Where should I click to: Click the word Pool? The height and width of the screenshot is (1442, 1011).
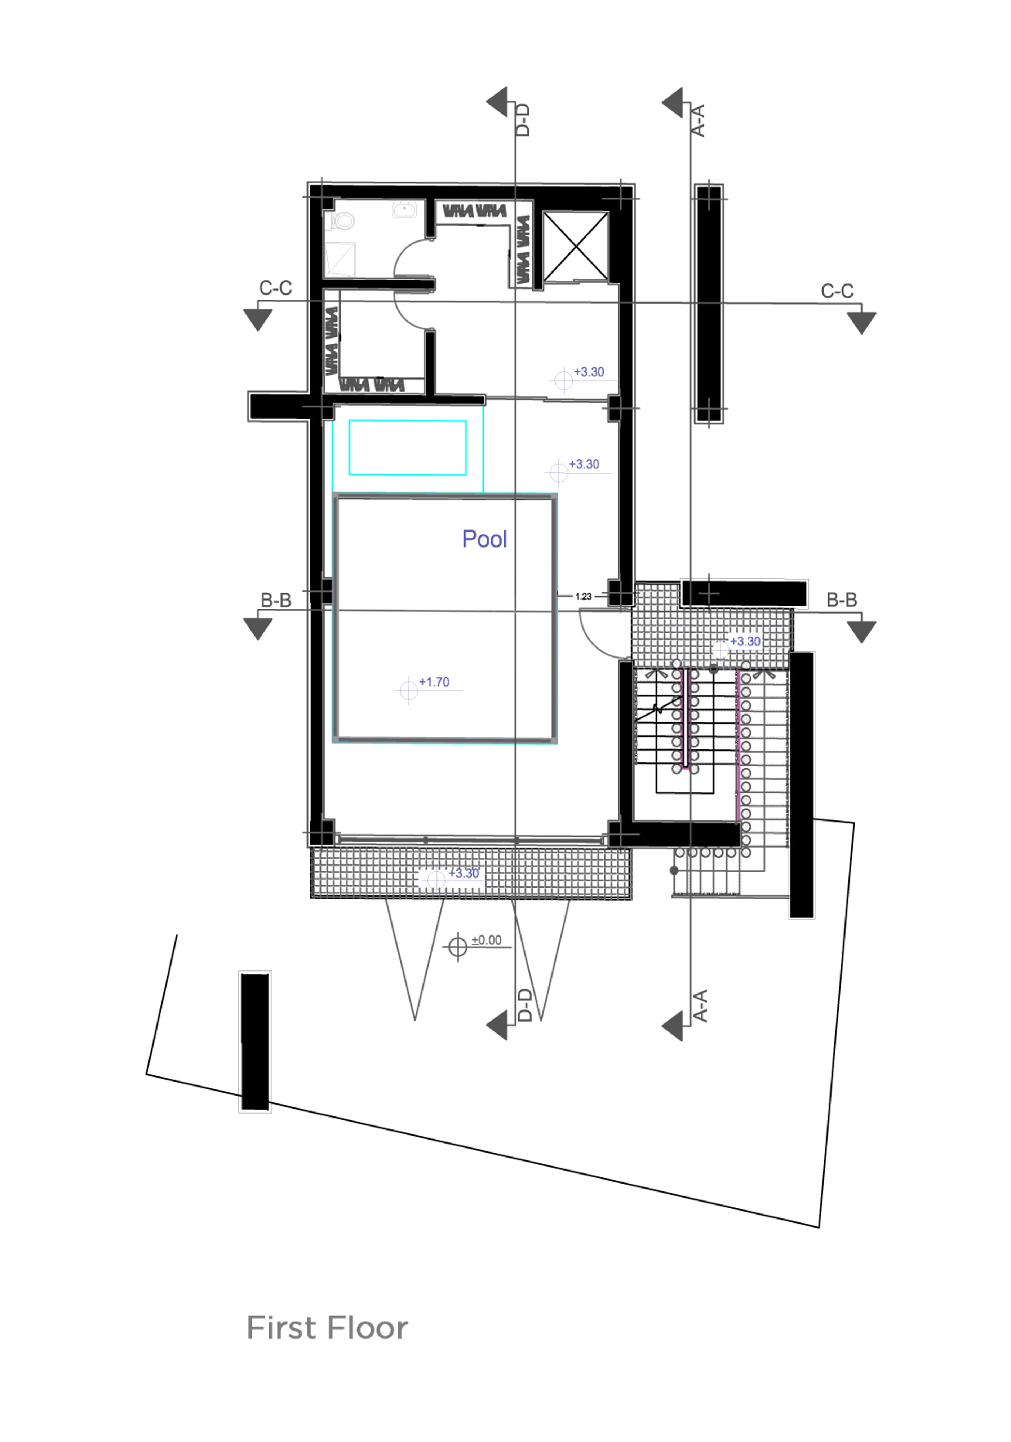pos(484,539)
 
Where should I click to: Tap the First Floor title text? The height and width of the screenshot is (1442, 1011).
pos(327,1328)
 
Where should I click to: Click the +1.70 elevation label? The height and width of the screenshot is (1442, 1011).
pos(434,682)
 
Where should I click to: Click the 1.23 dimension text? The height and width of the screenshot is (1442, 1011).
pos(584,596)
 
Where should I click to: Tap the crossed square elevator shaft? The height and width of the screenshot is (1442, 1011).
pos(575,246)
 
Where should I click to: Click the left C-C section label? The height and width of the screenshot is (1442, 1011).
pos(276,288)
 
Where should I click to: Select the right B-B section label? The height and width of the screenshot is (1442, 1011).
pos(842,600)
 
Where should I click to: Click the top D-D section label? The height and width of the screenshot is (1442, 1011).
pos(523,120)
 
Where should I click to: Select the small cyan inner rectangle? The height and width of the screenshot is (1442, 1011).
pos(408,448)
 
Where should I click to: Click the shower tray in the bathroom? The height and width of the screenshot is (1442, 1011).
pos(340,259)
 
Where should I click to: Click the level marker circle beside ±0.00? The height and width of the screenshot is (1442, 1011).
pos(458,946)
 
